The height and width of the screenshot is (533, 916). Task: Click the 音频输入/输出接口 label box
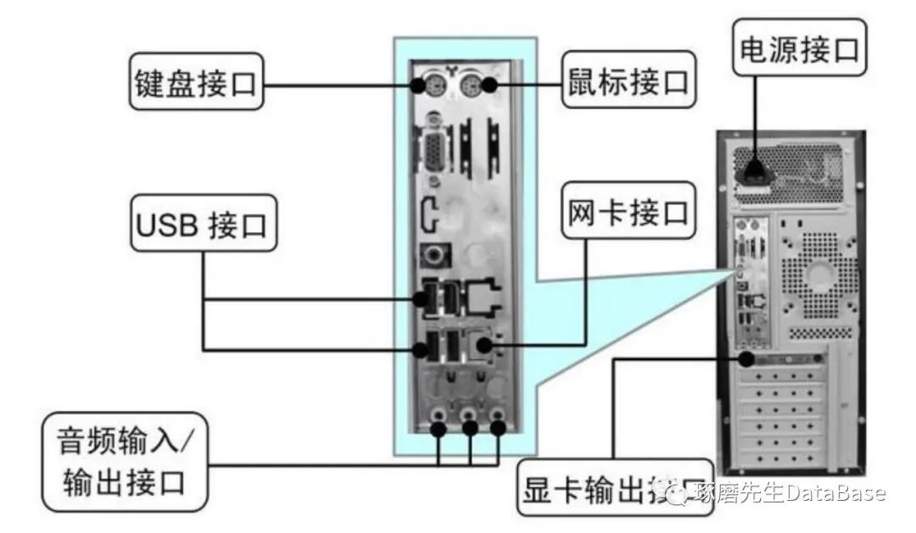[x=127, y=461]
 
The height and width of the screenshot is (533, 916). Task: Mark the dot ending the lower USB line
[x=422, y=347]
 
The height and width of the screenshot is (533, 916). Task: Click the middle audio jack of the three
[x=469, y=418]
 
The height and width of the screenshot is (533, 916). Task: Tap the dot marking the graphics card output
[x=746, y=358]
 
